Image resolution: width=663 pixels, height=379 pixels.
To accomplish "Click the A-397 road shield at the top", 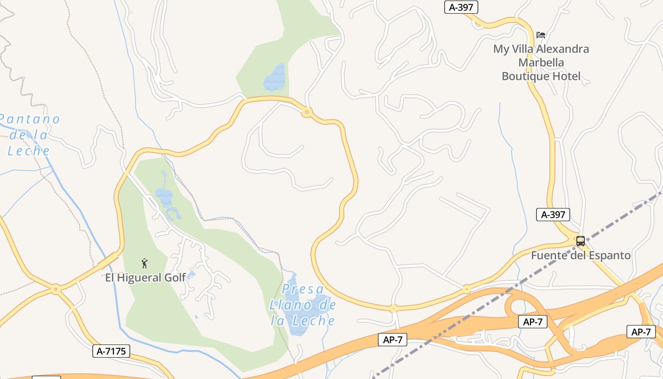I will click(461, 7).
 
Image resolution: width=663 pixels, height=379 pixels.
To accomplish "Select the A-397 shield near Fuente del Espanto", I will click(553, 215).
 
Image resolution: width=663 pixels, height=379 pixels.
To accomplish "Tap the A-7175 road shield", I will click(111, 351).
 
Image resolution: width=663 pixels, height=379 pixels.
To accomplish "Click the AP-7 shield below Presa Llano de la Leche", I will click(393, 339).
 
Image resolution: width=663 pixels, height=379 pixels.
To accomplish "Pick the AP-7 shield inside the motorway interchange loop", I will click(533, 322).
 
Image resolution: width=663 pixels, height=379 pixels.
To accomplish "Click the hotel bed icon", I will click(541, 35).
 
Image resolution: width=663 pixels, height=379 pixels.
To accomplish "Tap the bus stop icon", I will click(581, 241).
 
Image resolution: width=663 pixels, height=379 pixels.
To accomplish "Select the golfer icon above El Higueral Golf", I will click(144, 263).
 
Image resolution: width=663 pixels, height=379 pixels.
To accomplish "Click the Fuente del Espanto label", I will click(581, 256).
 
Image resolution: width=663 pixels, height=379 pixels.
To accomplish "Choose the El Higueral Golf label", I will click(145, 278).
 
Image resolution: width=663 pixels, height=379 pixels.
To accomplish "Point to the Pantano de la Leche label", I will click(30, 135).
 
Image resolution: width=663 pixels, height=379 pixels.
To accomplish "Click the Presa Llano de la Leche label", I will click(303, 305).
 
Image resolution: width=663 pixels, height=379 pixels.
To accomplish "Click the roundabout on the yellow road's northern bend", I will click(306, 112).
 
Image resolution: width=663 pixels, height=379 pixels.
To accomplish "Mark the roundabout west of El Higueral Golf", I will click(56, 288).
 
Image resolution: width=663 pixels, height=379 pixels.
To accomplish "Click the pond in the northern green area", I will click(275, 79).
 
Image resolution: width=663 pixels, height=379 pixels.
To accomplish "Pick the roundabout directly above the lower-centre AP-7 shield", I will click(393, 308).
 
